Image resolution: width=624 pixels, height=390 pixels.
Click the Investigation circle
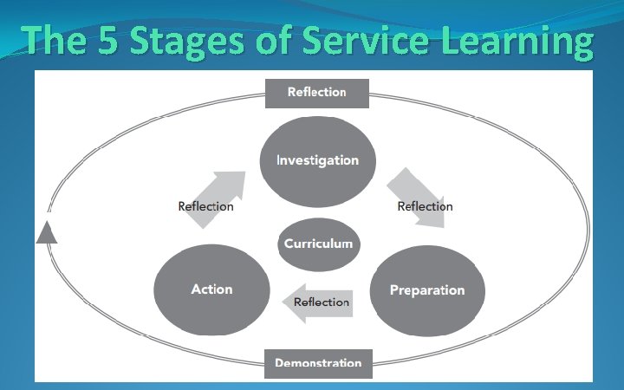[x=317, y=160]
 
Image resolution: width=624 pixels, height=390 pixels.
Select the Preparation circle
[x=427, y=290]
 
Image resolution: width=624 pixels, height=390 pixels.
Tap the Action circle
[x=211, y=289]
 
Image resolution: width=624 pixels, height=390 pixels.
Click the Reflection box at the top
[x=317, y=92]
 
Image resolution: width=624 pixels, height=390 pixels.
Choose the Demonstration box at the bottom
[x=318, y=363]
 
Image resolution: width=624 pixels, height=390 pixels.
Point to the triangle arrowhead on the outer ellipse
[x=47, y=232]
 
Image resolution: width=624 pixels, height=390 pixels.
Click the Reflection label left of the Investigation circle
[x=205, y=206]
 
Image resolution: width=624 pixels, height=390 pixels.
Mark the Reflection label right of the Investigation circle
[x=425, y=206]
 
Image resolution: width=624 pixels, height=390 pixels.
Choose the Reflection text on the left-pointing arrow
[x=322, y=302]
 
